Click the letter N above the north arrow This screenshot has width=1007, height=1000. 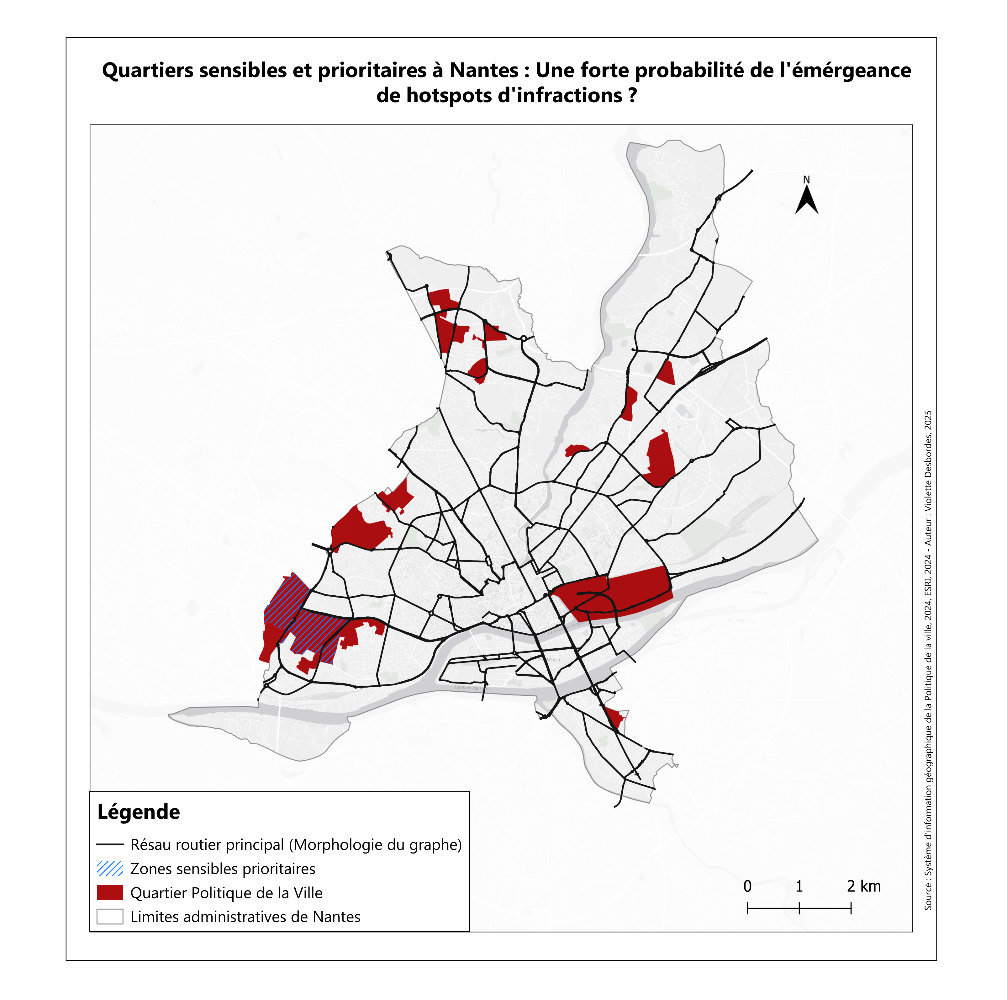click(x=806, y=180)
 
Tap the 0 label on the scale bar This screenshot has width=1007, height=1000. click(x=747, y=886)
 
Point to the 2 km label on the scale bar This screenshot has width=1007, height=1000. click(x=864, y=886)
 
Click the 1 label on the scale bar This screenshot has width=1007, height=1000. click(x=799, y=886)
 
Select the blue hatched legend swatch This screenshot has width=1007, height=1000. click(x=110, y=869)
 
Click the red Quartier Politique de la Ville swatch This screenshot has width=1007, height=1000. click(x=110, y=893)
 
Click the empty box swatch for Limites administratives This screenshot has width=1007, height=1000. click(x=110, y=917)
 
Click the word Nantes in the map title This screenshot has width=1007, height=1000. click(x=484, y=70)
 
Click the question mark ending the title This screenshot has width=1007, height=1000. click(x=633, y=95)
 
